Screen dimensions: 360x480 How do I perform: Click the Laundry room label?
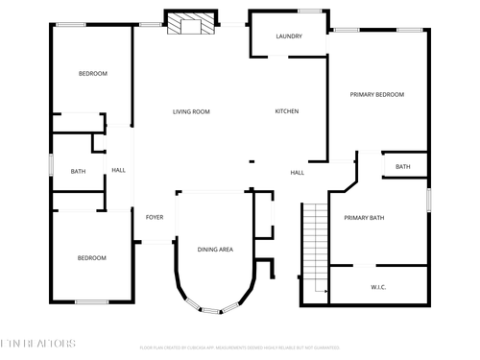tap(289, 36)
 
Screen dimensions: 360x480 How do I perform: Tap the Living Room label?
tap(191, 111)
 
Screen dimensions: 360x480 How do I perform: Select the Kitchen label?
tap(287, 111)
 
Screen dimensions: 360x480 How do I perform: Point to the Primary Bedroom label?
tap(376, 94)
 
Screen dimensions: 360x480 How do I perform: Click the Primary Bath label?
tap(364, 218)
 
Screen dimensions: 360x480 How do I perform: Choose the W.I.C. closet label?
tap(378, 286)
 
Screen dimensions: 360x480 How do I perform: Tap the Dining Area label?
tap(216, 250)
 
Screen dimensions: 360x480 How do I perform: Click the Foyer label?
tap(155, 217)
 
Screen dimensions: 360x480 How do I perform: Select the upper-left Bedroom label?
tap(92, 74)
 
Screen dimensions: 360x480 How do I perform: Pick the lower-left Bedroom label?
tap(92, 257)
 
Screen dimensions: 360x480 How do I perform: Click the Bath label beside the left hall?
tap(78, 172)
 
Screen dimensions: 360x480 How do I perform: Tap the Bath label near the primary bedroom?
tap(403, 167)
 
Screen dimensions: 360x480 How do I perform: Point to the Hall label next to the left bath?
tap(118, 171)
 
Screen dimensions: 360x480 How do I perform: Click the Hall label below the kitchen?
tap(298, 173)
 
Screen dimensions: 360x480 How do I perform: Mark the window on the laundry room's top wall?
tap(309, 11)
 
